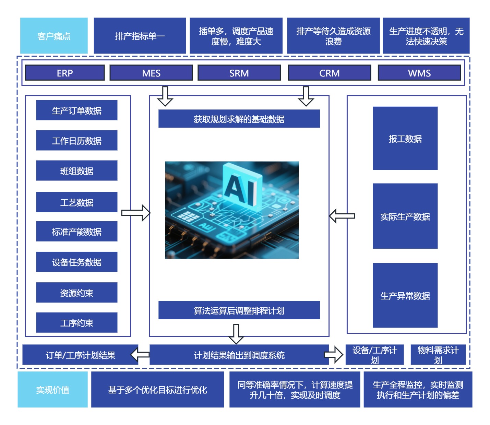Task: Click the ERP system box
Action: pos(65,73)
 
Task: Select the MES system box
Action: pos(151,73)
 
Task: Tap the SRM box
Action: pos(239,73)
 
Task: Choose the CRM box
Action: pos(330,73)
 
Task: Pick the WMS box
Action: pos(419,73)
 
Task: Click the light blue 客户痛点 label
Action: pos(54,36)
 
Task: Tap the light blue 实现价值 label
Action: pos(52,389)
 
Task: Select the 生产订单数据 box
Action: pos(77,110)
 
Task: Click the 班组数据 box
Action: pos(77,170)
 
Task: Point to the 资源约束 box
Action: pos(77,293)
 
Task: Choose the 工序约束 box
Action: pos(77,322)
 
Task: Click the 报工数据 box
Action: pos(405,138)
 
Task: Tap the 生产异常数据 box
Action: pos(405,295)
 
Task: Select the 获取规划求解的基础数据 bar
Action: pos(239,119)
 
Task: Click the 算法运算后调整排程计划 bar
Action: pos(239,310)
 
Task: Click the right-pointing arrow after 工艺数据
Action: pos(136,213)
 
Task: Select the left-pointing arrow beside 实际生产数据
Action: pos(342,216)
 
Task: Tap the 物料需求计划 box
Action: pos(438,355)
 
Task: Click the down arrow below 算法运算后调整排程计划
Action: pos(236,334)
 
